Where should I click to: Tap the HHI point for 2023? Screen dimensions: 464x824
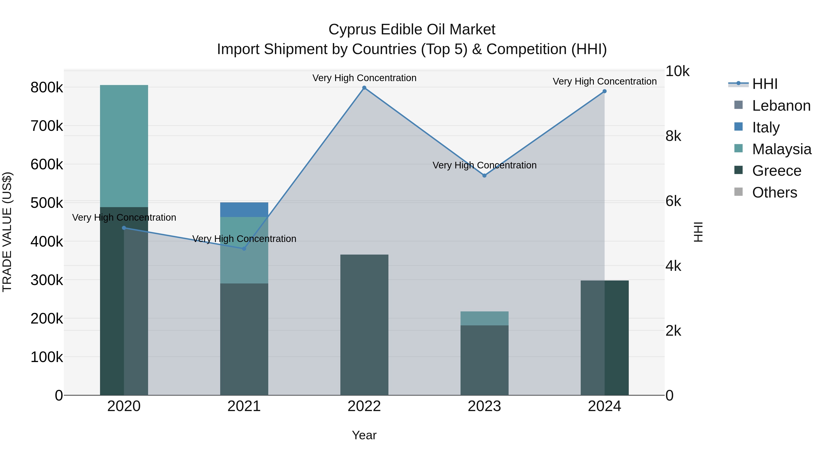click(484, 176)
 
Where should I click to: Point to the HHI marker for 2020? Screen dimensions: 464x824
click(124, 228)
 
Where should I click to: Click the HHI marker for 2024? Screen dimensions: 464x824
click(604, 91)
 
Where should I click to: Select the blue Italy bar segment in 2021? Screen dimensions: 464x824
click(244, 210)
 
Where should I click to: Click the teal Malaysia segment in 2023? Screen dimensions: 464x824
click(484, 318)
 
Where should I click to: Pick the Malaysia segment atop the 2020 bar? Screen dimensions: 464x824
click(124, 146)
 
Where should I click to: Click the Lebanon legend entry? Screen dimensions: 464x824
click(781, 106)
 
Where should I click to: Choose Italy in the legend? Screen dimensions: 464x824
click(766, 127)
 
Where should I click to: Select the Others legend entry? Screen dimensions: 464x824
click(774, 192)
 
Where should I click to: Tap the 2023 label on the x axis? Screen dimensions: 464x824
click(484, 406)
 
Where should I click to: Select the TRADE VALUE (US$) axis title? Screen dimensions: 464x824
click(7, 232)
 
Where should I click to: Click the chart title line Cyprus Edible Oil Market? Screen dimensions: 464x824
click(412, 30)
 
